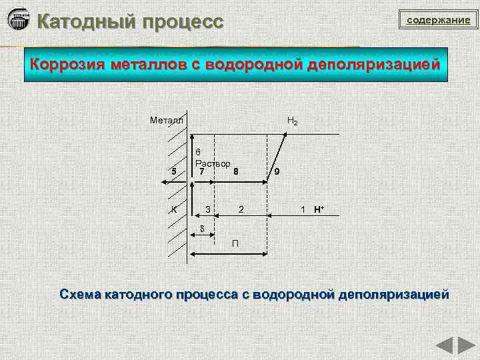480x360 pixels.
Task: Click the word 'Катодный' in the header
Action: coord(81,21)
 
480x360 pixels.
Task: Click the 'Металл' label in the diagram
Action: coord(166,121)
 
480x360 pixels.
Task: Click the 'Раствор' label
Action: coord(213,163)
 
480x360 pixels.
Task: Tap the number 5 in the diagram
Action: coord(174,171)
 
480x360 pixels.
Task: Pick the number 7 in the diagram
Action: coord(201,171)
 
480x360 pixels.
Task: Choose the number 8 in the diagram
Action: coord(236,171)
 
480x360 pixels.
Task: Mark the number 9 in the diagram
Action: coord(277,171)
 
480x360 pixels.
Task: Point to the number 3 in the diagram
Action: coord(208,209)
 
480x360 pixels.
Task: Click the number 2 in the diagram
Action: coord(241,209)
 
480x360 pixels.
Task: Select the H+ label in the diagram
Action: coord(319,209)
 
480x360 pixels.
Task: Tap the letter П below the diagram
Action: coord(235,241)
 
